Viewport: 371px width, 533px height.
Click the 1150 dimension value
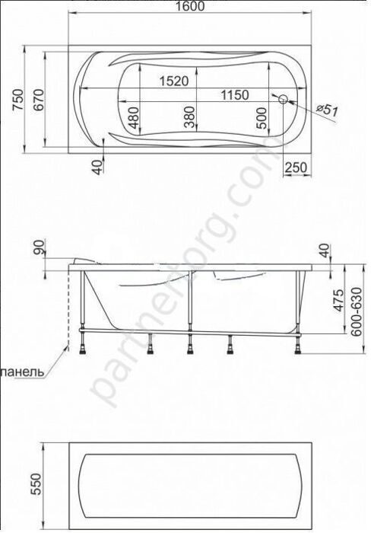tap(236, 95)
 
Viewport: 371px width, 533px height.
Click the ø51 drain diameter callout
tap(325, 110)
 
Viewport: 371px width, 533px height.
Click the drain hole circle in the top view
tap(284, 99)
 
